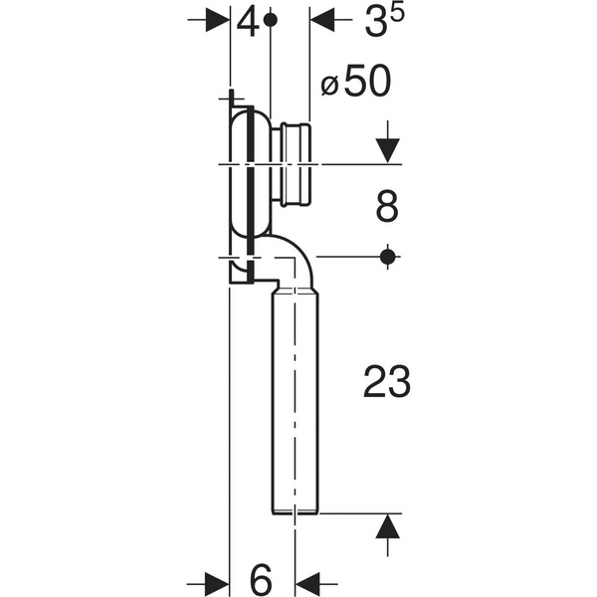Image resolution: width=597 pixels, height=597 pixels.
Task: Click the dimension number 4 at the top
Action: point(248,23)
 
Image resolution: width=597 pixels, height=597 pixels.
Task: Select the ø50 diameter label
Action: point(356,82)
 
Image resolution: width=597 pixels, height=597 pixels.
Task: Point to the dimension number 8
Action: point(387,207)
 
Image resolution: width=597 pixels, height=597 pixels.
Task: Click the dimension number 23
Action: point(387,382)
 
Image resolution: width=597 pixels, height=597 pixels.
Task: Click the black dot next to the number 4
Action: point(271,20)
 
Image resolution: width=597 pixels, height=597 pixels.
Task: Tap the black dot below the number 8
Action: point(388,257)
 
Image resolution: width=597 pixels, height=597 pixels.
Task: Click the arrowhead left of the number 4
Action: point(217,20)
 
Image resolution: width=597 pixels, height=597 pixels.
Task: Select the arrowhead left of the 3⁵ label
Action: point(322,20)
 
